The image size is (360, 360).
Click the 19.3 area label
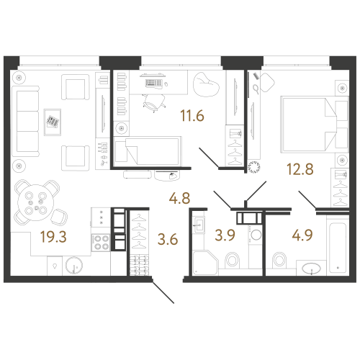coord(53,237)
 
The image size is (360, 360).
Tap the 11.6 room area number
coord(192,115)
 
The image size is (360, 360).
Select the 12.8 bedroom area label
coord(300,169)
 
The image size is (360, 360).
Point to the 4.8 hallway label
coord(179,199)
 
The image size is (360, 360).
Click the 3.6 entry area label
coord(168,239)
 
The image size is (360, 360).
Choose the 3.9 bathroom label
coord(225,235)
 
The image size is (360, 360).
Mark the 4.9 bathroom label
coord(302,235)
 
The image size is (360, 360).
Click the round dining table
coord(36,203)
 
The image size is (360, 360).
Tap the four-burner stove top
coord(101,243)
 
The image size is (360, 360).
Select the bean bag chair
coord(206,84)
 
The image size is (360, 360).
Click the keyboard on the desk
coord(154,83)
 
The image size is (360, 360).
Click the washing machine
coord(256,235)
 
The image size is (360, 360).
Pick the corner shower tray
coord(205,263)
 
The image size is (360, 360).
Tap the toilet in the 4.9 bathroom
coord(279,260)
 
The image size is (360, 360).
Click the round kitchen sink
coord(74,266)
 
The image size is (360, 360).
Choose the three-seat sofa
coord(25,121)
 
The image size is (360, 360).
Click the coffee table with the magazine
coord(53,122)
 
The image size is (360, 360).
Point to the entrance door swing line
coord(163,292)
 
